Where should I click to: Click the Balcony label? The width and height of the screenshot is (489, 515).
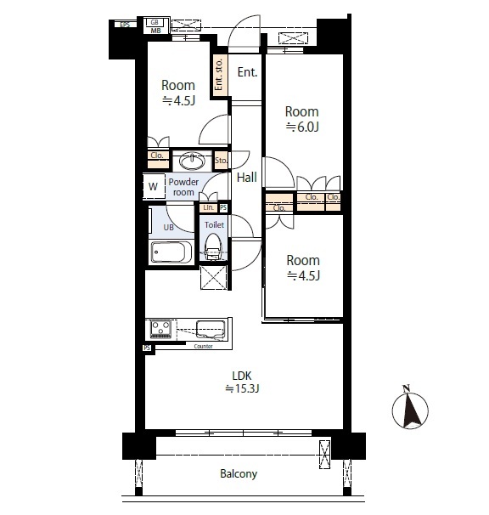(x=239, y=473)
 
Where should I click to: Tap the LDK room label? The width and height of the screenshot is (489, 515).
(x=242, y=376)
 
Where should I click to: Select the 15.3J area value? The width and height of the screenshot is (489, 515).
(x=243, y=389)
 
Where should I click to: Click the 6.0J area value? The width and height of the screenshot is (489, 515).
(x=302, y=127)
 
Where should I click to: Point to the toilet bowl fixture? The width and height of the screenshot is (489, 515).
(x=213, y=247)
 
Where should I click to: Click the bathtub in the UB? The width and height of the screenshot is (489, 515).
(x=171, y=252)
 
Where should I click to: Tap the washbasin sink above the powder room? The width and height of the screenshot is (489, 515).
(x=193, y=161)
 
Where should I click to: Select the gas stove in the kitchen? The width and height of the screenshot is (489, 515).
(x=160, y=329)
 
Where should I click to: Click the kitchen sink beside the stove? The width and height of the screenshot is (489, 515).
(x=211, y=329)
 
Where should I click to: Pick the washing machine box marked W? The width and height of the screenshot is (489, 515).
(x=154, y=186)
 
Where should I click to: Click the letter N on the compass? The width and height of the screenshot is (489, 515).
(x=407, y=388)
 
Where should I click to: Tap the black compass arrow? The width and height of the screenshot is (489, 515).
(x=413, y=410)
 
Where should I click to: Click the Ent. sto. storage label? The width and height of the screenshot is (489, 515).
(x=219, y=74)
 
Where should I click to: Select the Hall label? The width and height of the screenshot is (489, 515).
(x=247, y=178)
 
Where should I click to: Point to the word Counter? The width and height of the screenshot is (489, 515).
(x=204, y=346)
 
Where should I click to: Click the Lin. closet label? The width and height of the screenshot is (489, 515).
(x=208, y=207)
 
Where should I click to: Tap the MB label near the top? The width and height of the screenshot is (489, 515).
(x=156, y=31)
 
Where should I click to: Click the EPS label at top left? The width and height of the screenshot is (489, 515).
(x=125, y=25)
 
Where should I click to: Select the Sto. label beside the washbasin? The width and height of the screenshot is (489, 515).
(x=221, y=161)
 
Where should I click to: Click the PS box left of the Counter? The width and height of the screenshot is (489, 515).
(x=147, y=348)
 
